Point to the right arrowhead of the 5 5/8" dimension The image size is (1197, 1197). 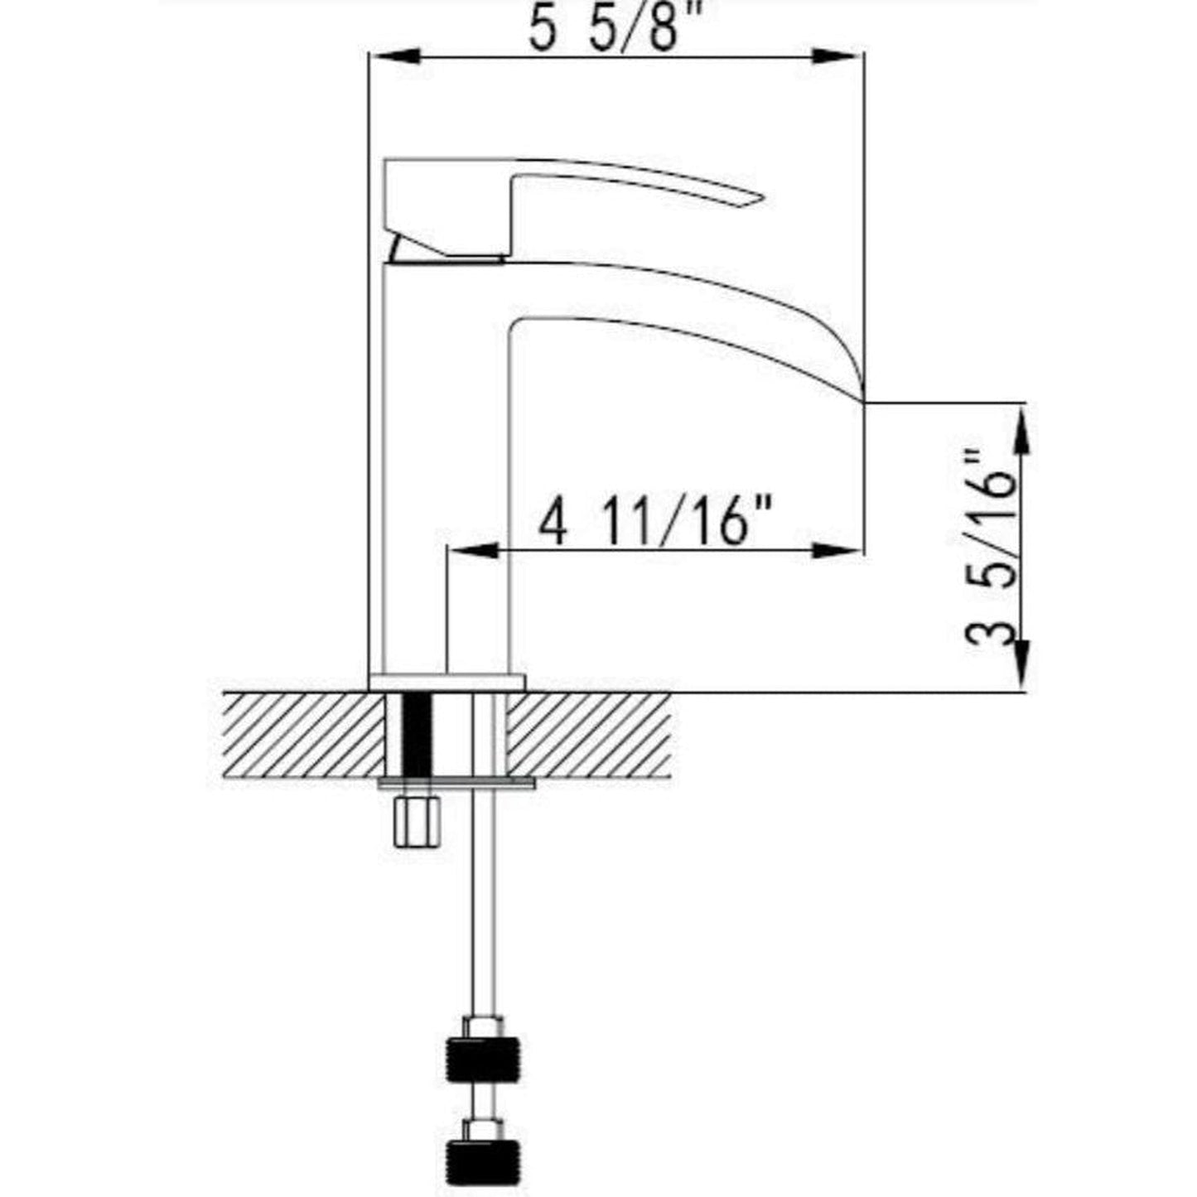840,56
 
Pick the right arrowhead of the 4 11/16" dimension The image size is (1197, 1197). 840,551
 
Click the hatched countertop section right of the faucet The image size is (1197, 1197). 588,733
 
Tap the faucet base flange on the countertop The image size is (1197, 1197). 447,682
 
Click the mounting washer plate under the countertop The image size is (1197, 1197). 456,782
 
